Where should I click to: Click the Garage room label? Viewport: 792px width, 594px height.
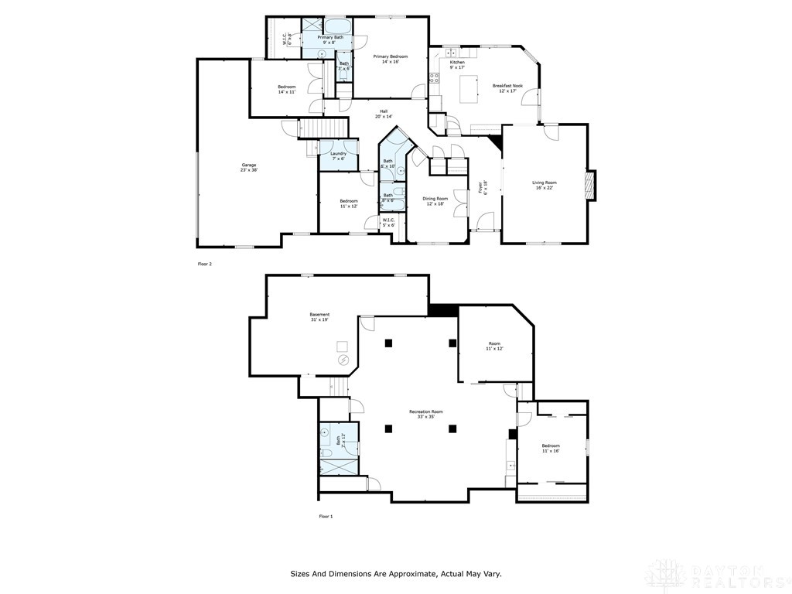(x=248, y=167)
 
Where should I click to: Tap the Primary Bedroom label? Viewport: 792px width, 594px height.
(x=390, y=59)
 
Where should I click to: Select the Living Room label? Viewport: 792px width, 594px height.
(x=544, y=185)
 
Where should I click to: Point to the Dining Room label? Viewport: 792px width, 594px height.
(x=435, y=201)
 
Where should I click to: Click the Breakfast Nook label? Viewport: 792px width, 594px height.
(x=507, y=88)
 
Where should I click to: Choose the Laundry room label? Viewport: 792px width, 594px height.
(x=338, y=155)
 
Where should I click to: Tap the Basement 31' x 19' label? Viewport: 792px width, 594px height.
(x=319, y=317)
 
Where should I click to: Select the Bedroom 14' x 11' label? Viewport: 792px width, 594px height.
(x=286, y=89)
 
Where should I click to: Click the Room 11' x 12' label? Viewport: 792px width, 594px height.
(x=494, y=346)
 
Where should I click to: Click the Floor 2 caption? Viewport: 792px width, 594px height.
(x=204, y=264)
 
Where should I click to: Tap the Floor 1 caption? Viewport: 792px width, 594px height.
(x=326, y=516)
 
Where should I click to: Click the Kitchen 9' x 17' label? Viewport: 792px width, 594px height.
(x=457, y=64)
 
